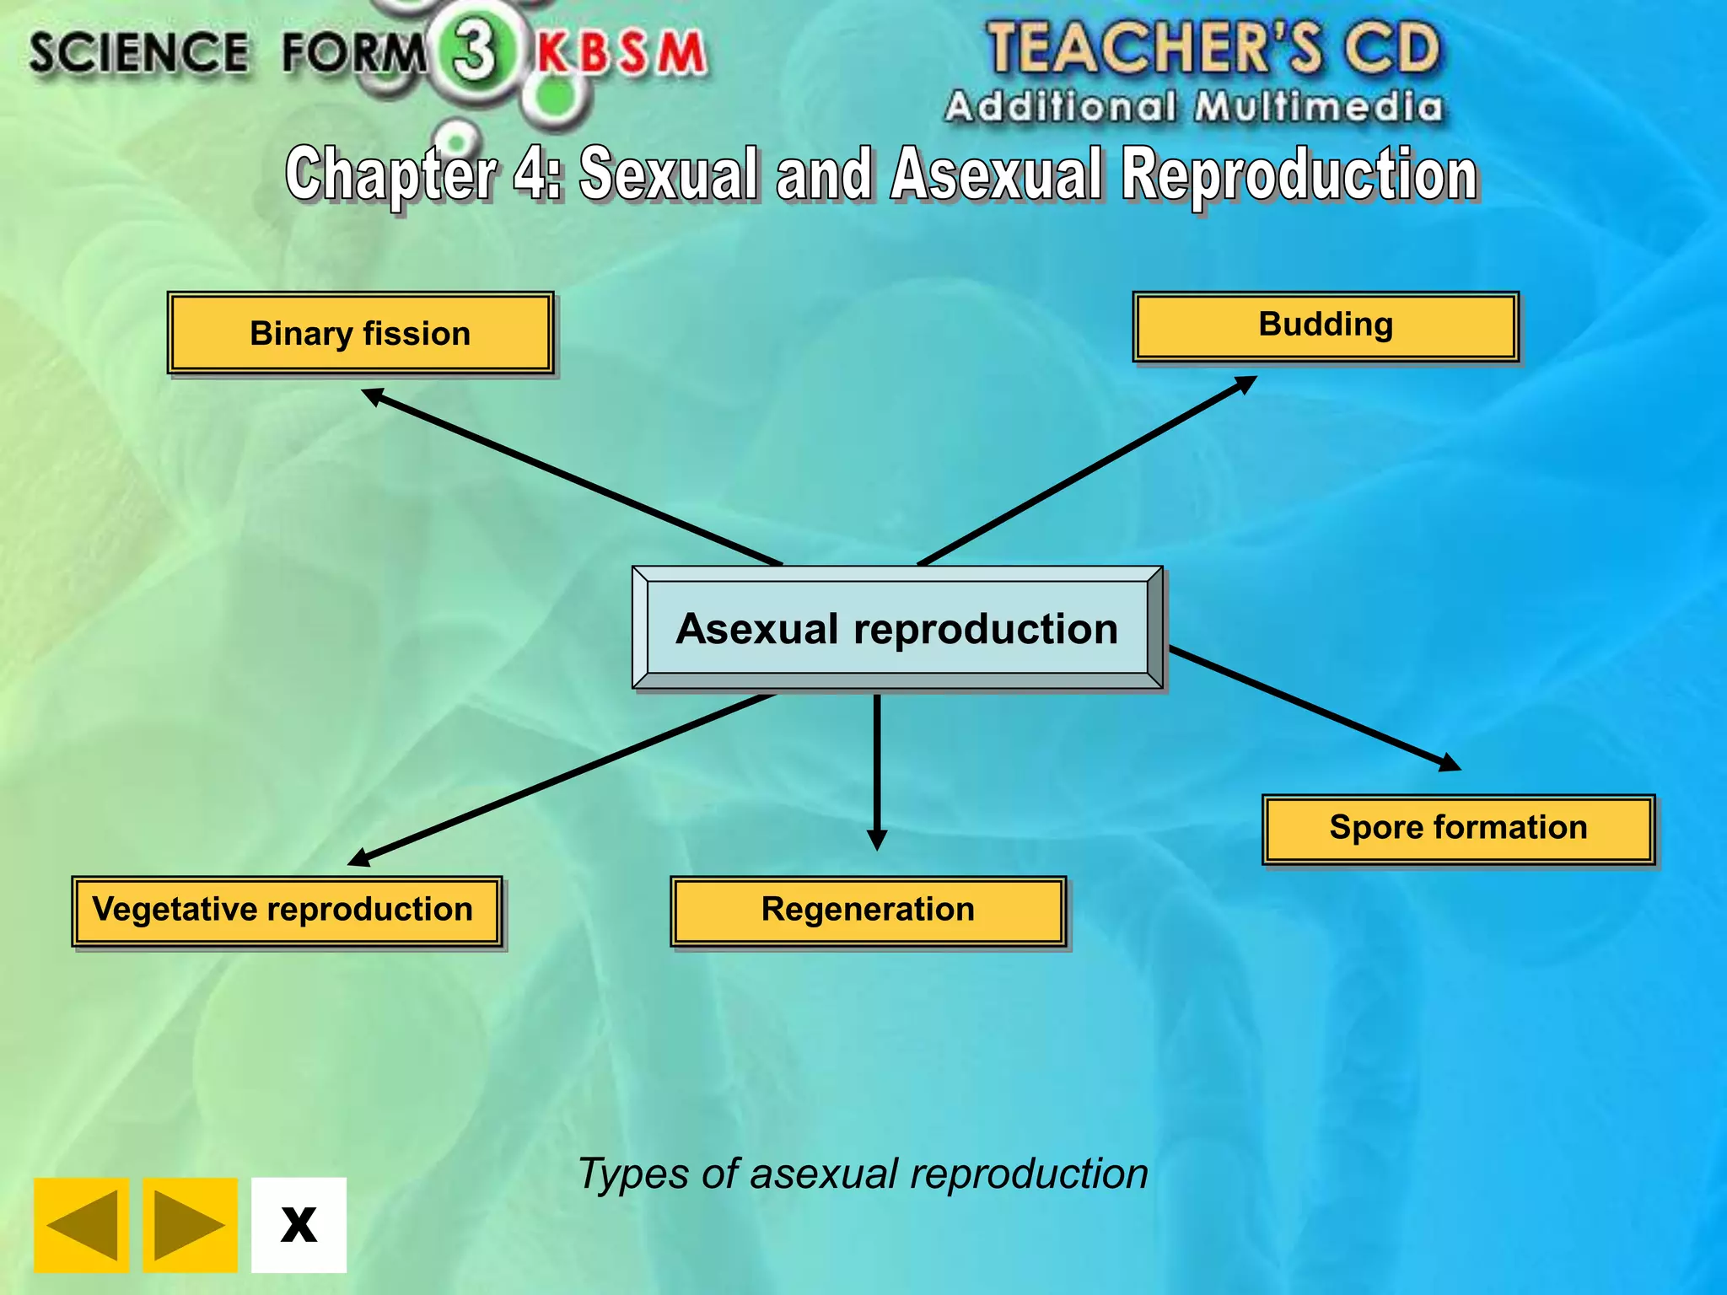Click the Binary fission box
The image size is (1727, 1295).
pyautogui.click(x=360, y=333)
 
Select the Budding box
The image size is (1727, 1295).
pyautogui.click(x=1325, y=326)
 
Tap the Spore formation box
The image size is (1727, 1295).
pyautogui.click(x=1458, y=829)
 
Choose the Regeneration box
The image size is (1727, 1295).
pyautogui.click(x=868, y=911)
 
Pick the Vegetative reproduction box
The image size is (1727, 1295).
pyautogui.click(x=287, y=911)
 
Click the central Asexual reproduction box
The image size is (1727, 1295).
pyautogui.click(x=897, y=628)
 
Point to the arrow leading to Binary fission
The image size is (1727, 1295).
pyautogui.click(x=573, y=477)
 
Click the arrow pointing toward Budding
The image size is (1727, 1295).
pyautogui.click(x=1088, y=470)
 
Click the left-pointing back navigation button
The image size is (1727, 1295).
pyautogui.click(x=82, y=1224)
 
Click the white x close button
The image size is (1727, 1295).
pyautogui.click(x=299, y=1224)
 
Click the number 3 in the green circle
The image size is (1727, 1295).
pyautogui.click(x=475, y=51)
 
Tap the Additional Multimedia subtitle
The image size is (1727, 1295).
pyautogui.click(x=1193, y=108)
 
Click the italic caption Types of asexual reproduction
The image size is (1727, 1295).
pyautogui.click(x=863, y=1174)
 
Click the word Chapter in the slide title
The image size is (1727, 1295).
pyautogui.click(x=390, y=174)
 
